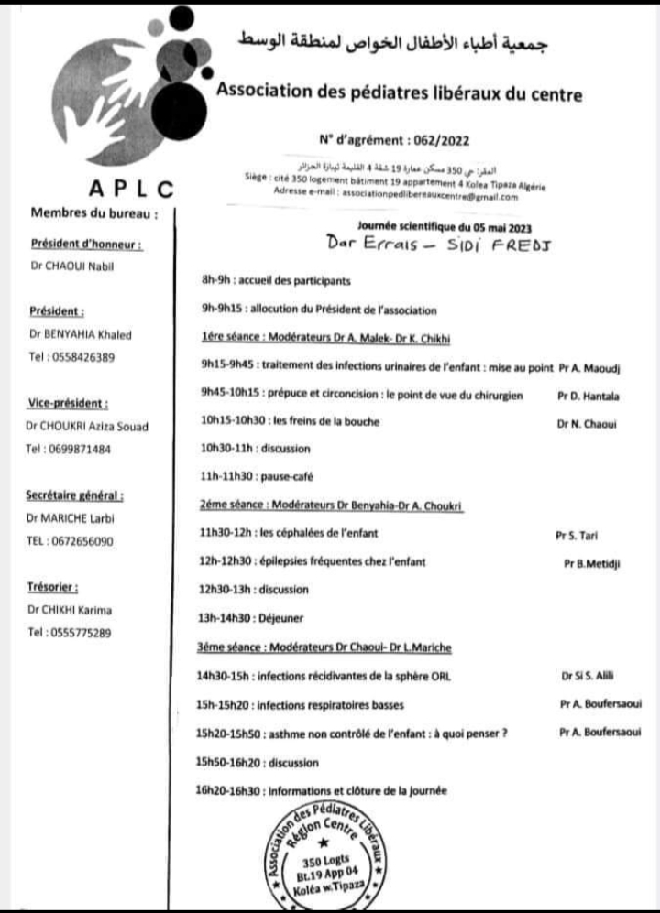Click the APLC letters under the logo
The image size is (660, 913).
132,189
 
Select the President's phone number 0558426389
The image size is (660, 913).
72,356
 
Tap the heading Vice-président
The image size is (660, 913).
69,403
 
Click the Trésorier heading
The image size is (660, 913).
53,587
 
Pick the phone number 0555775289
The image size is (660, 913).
71,632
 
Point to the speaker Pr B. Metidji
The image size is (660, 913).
591,564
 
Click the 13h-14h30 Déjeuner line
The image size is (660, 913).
237,618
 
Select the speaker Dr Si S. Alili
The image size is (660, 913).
586,677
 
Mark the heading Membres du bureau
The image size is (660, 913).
94,213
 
